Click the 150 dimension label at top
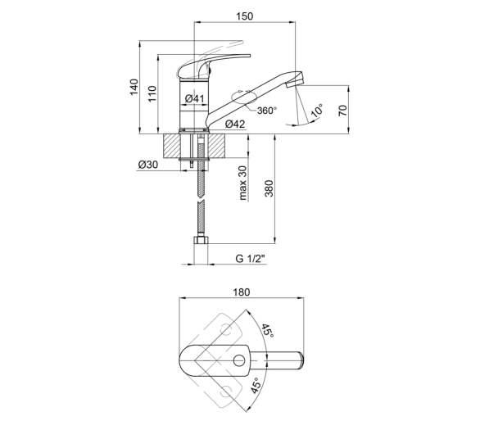click(245, 16)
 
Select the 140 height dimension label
click(134, 87)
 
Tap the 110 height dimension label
click(152, 93)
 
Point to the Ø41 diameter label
click(194, 98)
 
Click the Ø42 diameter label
click(235, 124)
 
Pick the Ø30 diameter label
click(148, 165)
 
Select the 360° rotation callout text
click(267, 111)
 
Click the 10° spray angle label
click(317, 111)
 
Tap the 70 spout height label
click(343, 111)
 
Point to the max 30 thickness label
click(242, 183)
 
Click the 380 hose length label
click(269, 188)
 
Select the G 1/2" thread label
click(250, 259)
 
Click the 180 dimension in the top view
click(242, 292)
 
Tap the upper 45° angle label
click(267, 331)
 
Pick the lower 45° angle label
click(256, 386)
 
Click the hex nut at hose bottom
click(201, 240)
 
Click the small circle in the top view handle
click(239, 360)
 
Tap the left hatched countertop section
click(172, 147)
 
